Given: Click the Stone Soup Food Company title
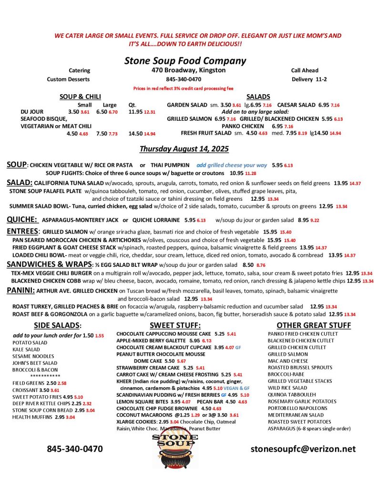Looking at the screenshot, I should [185, 61].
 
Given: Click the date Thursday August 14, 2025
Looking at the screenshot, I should [184, 149].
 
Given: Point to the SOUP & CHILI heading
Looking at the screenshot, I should [80, 97].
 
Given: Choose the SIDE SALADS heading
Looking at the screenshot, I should [57, 325].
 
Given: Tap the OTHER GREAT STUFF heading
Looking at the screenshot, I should [314, 325].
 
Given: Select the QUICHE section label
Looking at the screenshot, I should [22, 220].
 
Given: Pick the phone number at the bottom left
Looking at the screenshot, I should [74, 448].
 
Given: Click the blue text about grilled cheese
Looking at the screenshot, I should [232, 165].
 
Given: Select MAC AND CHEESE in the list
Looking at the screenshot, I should [288, 361].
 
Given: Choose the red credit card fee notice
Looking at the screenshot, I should [183, 88].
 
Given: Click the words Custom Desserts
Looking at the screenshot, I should [68, 79].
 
